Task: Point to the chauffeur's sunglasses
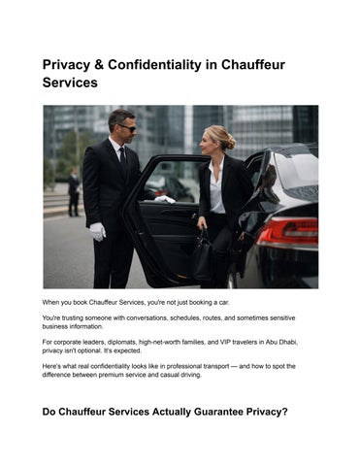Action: click(x=127, y=127)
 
